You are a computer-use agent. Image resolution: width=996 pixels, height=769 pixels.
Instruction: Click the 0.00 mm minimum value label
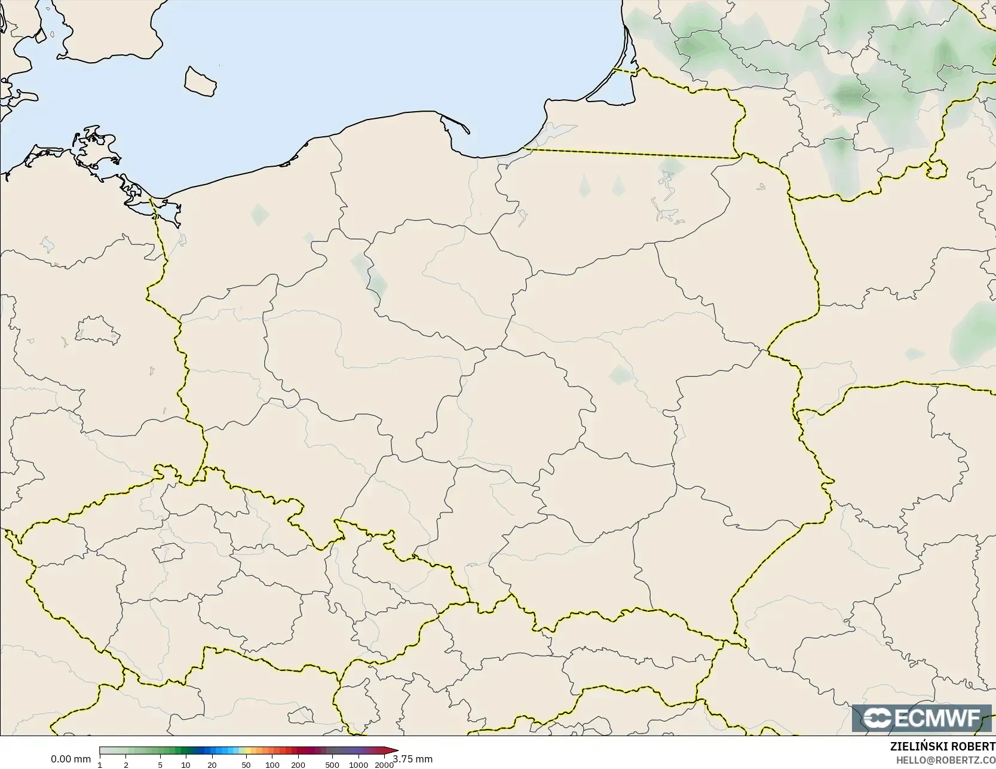point(71,759)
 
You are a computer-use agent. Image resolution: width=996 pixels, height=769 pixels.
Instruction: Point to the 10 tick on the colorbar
point(186,764)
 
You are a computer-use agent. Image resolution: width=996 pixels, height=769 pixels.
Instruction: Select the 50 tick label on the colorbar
point(246,764)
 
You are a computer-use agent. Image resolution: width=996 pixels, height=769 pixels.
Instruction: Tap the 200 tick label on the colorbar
point(298,764)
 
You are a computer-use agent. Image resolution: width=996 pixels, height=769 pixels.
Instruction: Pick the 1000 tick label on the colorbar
point(358,764)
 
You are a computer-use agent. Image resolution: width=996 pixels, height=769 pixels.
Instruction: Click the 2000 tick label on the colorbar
point(384,764)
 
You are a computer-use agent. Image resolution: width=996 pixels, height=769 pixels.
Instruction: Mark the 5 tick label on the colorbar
point(160,764)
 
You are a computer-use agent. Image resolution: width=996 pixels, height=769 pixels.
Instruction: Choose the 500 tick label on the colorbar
point(332,764)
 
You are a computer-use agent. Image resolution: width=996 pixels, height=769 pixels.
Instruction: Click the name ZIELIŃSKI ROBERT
point(943,746)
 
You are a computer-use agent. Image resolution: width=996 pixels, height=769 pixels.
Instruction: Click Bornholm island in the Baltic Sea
point(200,81)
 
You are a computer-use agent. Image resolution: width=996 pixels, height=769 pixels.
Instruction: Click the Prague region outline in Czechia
point(168,552)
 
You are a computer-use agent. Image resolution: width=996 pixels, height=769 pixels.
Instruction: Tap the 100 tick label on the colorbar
point(272,764)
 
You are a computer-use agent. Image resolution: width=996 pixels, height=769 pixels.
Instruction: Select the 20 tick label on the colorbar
point(212,764)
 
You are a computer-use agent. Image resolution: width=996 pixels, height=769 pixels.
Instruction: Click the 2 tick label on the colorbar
point(125,764)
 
